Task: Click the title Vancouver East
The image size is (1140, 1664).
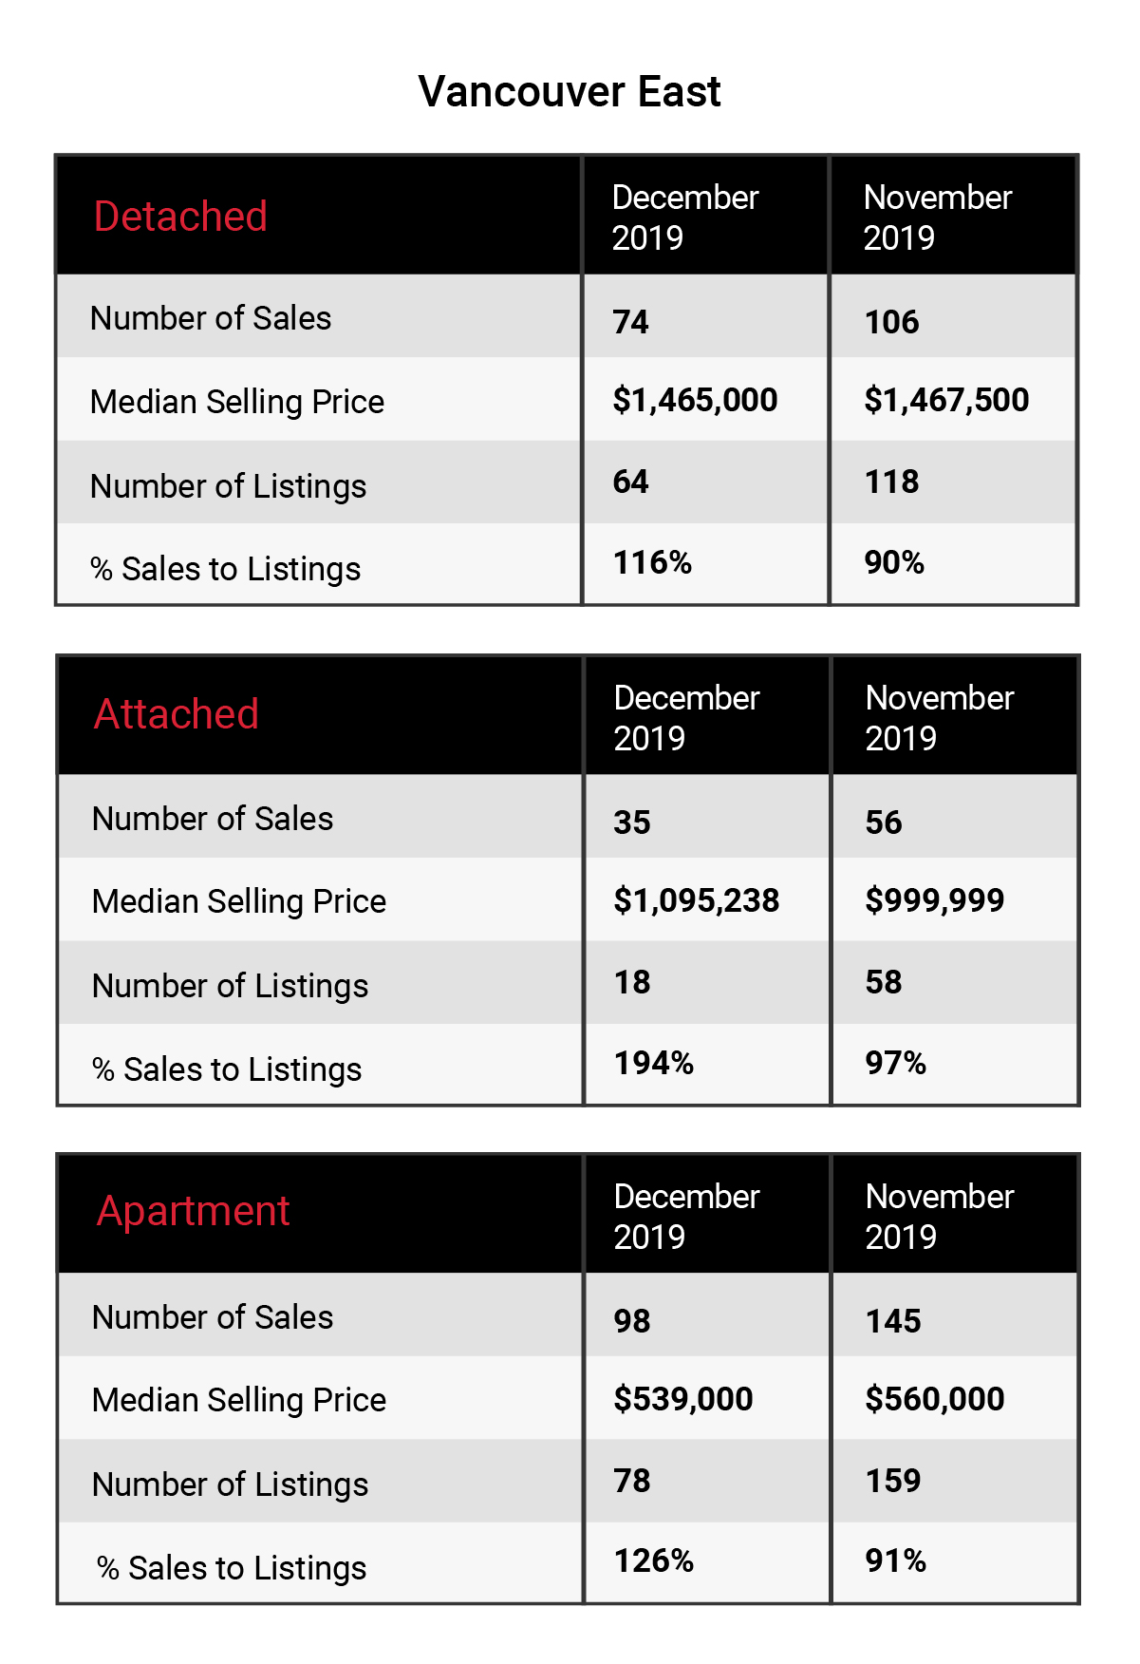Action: [570, 92]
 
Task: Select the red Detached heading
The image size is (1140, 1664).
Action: [180, 217]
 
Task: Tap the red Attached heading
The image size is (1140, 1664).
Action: [177, 714]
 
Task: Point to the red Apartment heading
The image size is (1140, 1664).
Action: [194, 1212]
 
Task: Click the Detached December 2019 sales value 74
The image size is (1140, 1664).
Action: [631, 322]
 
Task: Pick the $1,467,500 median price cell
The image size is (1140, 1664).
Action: [946, 400]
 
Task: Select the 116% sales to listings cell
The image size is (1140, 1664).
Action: [653, 562]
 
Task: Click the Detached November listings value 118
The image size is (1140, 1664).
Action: [892, 482]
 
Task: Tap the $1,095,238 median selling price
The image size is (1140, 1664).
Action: [697, 900]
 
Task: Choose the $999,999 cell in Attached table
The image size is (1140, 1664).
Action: [935, 900]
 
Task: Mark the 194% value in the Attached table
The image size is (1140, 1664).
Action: [654, 1063]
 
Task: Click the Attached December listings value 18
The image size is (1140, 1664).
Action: [632, 982]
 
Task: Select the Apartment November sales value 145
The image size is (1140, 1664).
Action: [893, 1321]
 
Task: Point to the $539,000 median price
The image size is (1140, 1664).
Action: [683, 1399]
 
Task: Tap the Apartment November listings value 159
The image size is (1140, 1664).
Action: [893, 1481]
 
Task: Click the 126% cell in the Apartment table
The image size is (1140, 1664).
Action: [654, 1560]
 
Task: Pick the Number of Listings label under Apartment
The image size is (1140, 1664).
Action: [231, 1484]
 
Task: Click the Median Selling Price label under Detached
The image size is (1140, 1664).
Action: [237, 402]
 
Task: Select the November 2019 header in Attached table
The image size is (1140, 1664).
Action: [940, 718]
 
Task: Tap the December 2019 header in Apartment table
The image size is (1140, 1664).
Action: [687, 1217]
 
